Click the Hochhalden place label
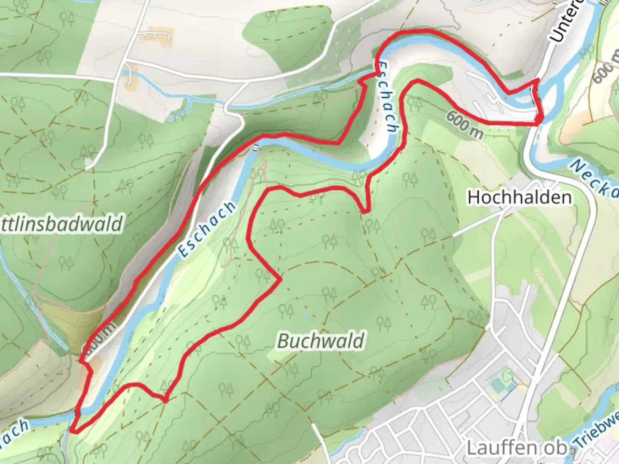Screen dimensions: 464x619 519,197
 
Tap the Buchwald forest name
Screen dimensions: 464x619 321,341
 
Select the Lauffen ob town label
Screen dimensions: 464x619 516,448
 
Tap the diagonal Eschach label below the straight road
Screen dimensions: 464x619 207,229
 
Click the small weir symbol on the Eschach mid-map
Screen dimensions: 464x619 256,148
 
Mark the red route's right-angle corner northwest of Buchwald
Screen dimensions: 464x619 280,280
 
